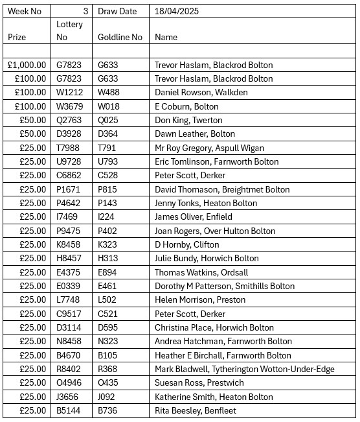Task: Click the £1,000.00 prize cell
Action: (27, 65)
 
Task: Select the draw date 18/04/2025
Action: (177, 11)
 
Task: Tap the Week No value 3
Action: (85, 11)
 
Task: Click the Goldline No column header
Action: (120, 38)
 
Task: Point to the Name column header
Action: (166, 38)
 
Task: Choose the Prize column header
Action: (17, 38)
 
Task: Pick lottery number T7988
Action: (69, 148)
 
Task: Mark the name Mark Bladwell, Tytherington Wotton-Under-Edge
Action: (245, 369)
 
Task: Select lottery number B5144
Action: (70, 410)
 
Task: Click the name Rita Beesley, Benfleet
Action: (196, 410)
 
